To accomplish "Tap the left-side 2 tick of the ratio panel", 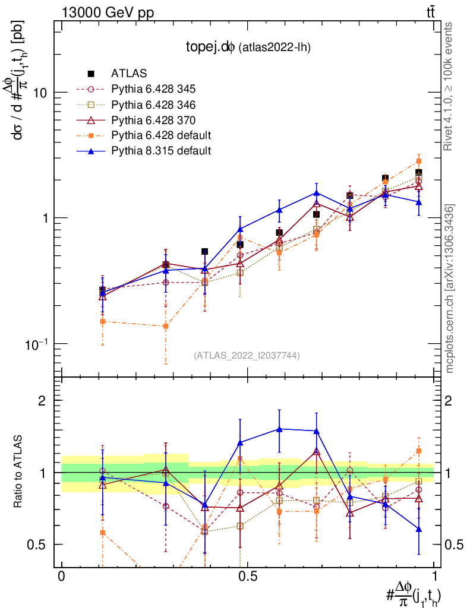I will click(42, 401).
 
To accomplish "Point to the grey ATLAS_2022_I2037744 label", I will click(247, 356).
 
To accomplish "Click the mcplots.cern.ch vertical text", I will click(450, 289).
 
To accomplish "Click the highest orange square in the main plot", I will click(419, 161).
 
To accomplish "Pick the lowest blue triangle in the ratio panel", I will click(419, 529).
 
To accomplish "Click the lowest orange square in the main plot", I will click(166, 326).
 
